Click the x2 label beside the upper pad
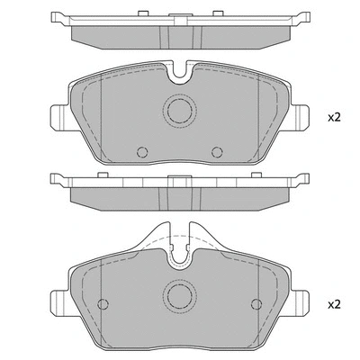pos(334,117)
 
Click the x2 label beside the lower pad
pos(334,305)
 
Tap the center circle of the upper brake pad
pos(180,111)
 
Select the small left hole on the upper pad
pos(142,152)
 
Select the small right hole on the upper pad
pos(217,152)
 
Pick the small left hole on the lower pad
pos(103,304)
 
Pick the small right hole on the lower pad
pos(256,304)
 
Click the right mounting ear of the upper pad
pos(300,118)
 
